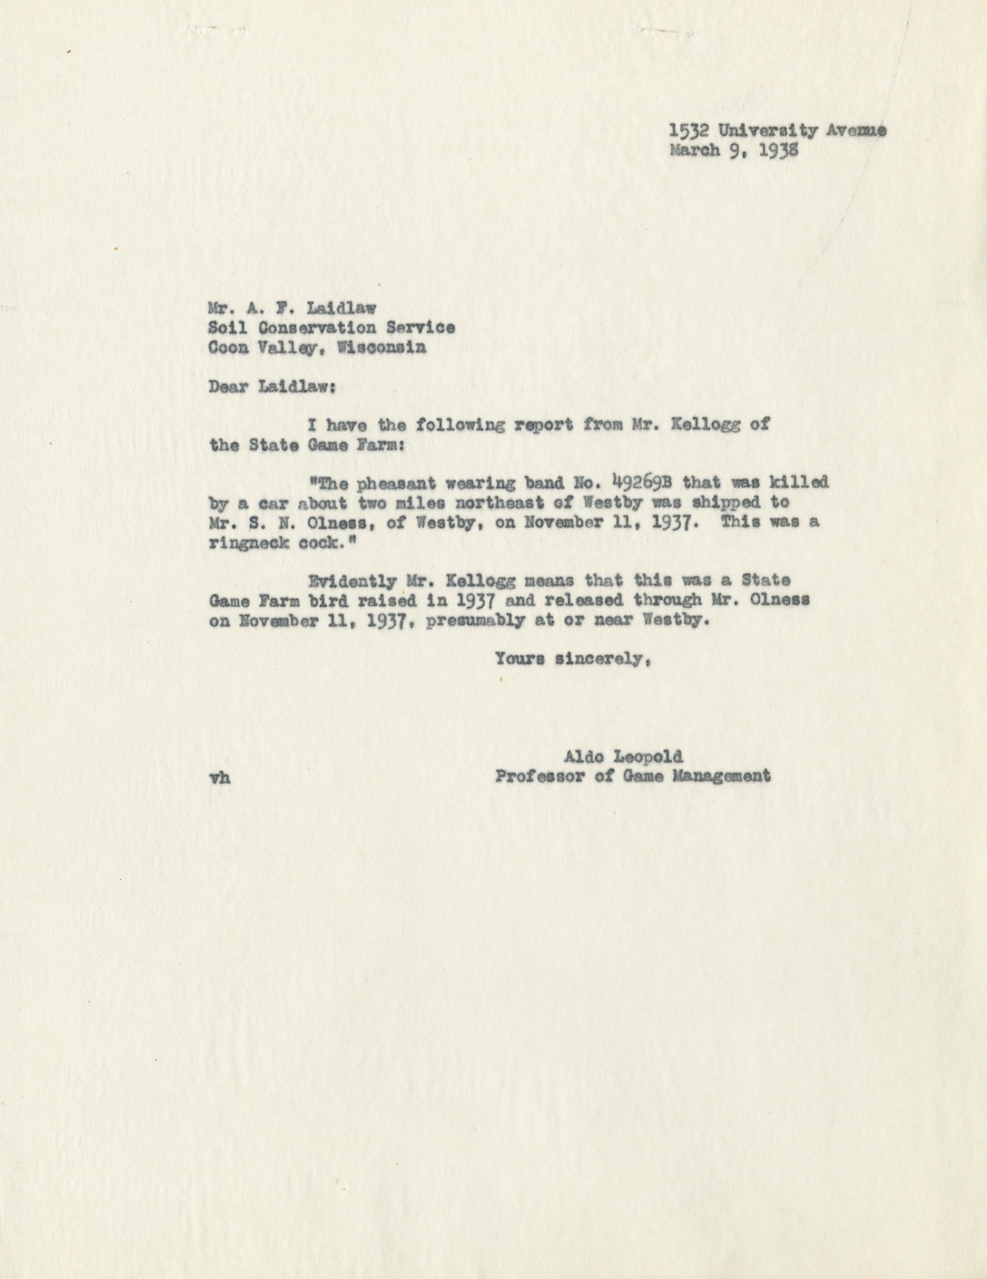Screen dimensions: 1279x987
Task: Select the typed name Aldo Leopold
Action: point(623,757)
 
